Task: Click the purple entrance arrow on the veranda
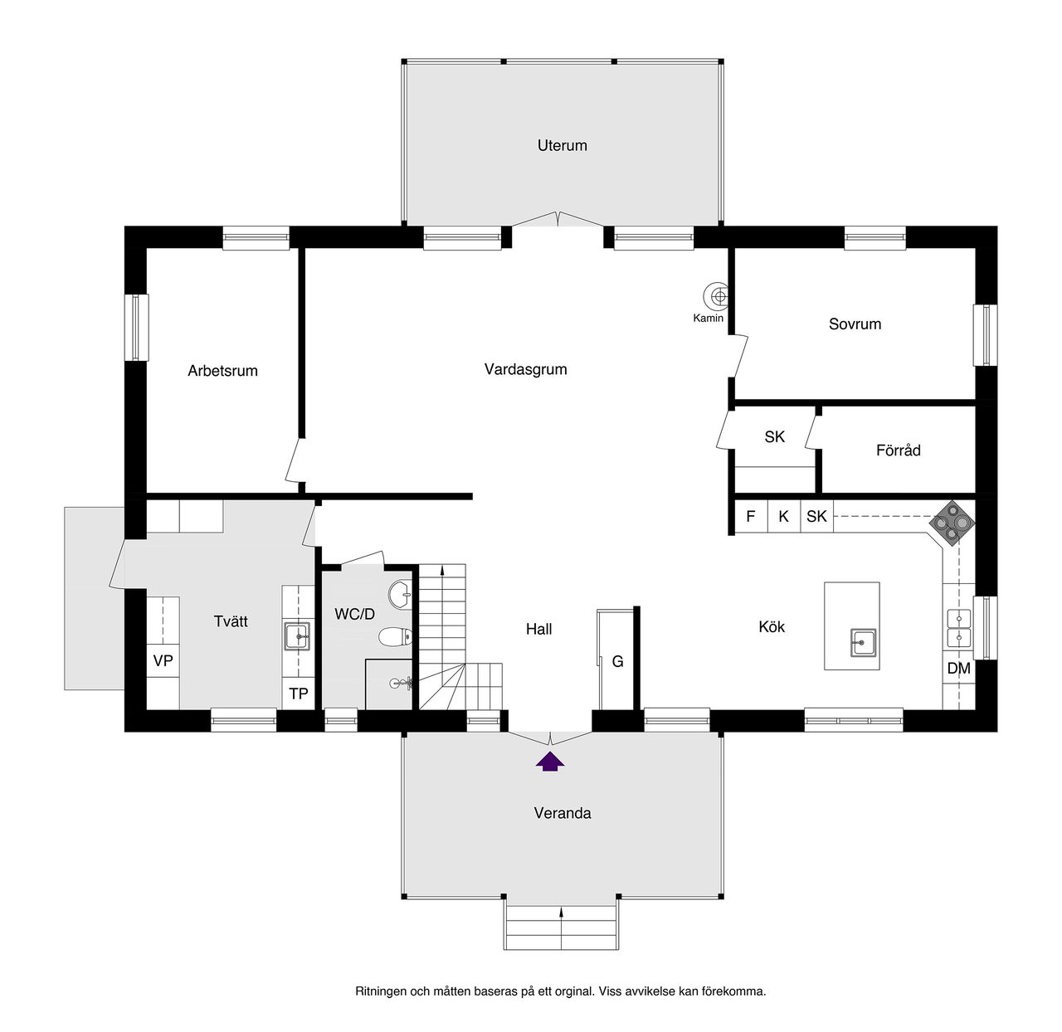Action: click(549, 762)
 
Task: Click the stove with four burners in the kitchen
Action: click(952, 523)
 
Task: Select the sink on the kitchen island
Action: click(863, 642)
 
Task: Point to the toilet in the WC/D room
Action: click(396, 636)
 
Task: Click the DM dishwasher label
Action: click(958, 668)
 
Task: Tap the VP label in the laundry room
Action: click(163, 661)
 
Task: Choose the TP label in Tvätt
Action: click(299, 694)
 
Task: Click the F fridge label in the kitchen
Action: click(750, 516)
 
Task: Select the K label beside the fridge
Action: click(783, 516)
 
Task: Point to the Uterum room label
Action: click(562, 146)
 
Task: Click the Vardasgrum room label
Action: click(525, 370)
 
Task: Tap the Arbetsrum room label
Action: click(222, 371)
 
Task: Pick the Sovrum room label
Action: click(855, 324)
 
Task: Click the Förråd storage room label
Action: click(899, 450)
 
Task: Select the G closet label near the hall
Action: click(617, 661)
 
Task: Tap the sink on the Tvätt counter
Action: click(297, 636)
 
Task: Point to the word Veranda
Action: click(562, 813)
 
